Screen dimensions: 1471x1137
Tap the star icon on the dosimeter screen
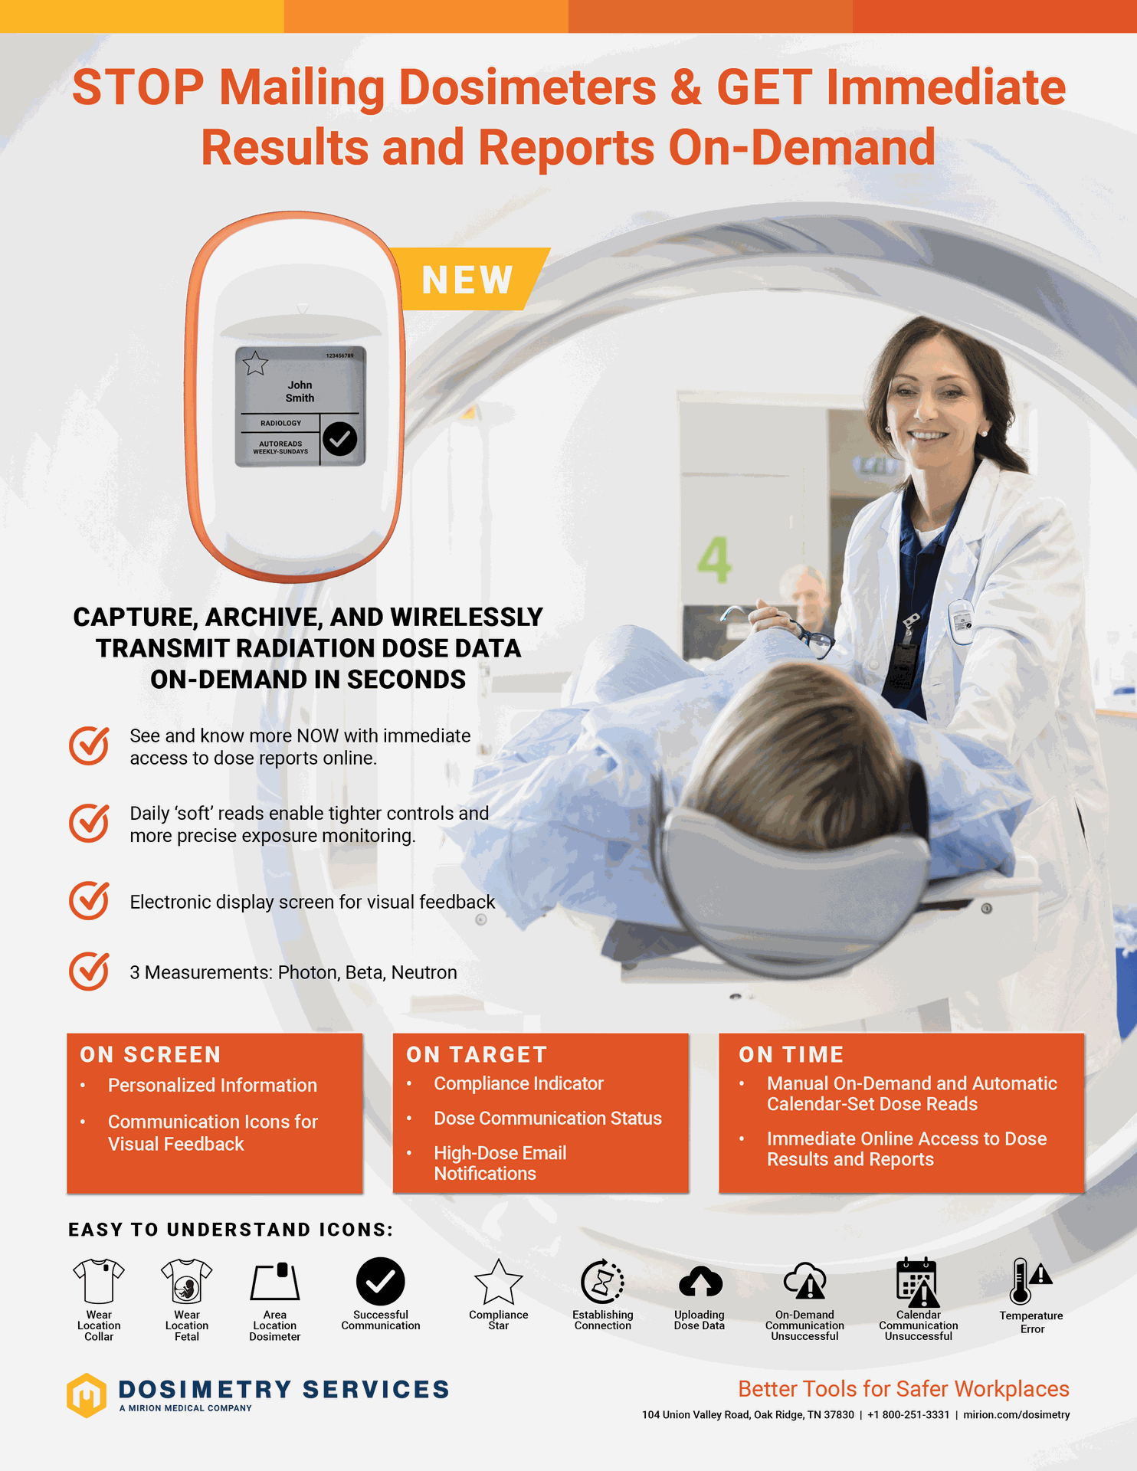255,363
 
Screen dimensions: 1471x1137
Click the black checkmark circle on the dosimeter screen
339,439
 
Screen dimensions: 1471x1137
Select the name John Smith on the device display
300,392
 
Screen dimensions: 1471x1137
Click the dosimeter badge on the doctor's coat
961,621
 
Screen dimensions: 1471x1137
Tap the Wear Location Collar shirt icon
99,1281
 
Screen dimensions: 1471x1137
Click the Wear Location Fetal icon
186,1281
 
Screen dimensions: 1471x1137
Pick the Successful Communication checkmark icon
380,1281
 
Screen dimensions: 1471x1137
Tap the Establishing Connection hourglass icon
602,1282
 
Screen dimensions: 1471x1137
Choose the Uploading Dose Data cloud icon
700,1282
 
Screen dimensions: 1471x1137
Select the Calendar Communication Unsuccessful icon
918,1282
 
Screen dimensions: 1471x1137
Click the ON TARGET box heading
477,1055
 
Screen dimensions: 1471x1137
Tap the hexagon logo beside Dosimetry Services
87,1395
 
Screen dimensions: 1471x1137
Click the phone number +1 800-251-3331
908,1415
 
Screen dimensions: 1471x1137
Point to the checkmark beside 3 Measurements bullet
90,971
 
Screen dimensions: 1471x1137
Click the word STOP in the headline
138,87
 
